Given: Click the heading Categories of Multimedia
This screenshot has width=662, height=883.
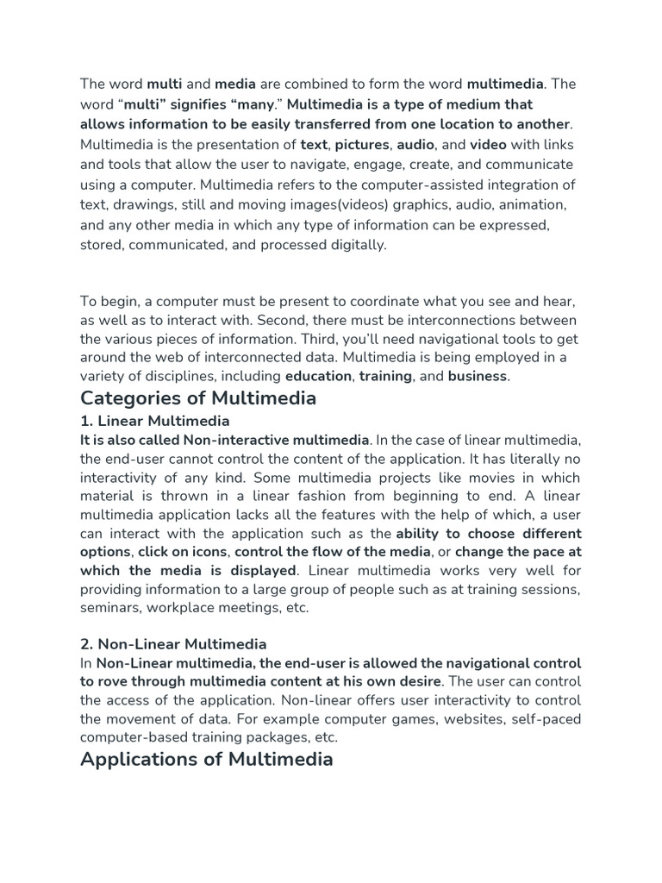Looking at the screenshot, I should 198,398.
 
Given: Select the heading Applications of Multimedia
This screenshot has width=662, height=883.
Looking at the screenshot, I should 207,760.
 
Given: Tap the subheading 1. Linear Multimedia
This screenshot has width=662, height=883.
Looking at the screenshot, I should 155,421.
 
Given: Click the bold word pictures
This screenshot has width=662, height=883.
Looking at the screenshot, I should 362,145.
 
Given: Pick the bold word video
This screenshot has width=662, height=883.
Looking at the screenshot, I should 488,145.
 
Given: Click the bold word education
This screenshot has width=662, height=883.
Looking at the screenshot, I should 318,376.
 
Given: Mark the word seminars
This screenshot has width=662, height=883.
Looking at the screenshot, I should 109,608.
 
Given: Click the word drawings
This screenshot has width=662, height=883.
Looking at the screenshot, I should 140,204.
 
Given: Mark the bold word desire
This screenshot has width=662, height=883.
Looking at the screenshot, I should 417,682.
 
